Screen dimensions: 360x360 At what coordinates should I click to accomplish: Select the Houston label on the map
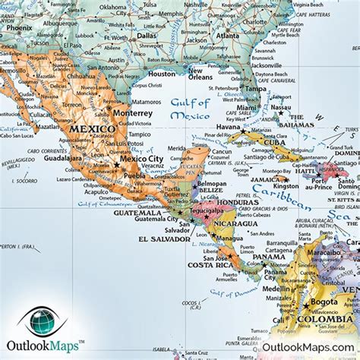tap(162, 74)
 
